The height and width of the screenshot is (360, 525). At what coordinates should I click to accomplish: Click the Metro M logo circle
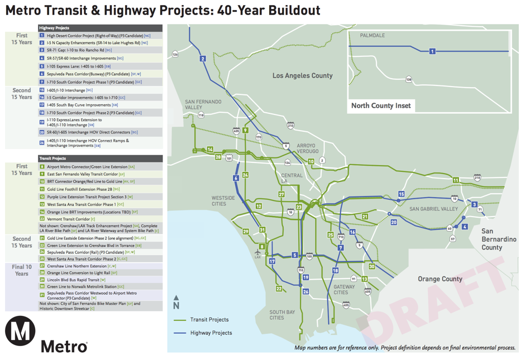point(20,331)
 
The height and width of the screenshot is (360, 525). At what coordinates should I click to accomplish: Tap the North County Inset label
point(381,105)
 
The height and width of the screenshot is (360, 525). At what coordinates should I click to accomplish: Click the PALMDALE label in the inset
point(373,36)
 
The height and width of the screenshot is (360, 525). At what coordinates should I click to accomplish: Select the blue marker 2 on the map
point(203,59)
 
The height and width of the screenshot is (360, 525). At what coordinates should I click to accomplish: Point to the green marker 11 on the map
point(456,180)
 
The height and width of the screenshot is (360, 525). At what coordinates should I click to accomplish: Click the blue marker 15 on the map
point(401,194)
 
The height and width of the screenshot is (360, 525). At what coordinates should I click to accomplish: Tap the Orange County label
point(440,279)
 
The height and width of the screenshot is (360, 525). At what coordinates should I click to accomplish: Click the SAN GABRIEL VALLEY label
point(433,209)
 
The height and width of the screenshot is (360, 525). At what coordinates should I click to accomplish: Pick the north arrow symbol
point(176,302)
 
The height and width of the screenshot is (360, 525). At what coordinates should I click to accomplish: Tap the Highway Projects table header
point(100,28)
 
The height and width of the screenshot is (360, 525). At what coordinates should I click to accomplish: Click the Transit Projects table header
point(100,159)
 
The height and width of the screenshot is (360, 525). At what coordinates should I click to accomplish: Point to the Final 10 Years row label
point(22,270)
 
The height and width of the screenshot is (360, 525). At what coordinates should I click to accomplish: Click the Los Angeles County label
point(302,75)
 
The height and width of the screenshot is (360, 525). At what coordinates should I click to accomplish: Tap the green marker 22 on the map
point(279,289)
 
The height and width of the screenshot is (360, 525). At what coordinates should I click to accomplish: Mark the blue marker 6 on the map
point(236,178)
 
